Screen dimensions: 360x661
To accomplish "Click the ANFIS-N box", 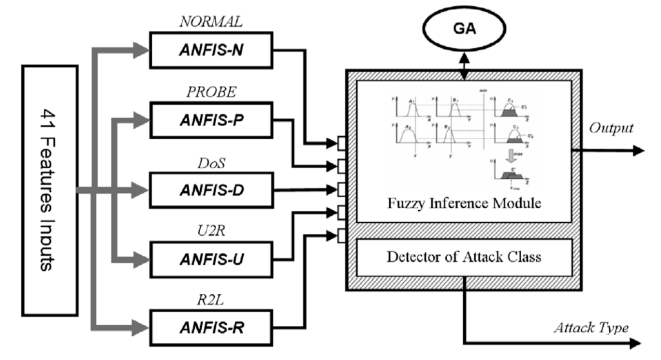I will [x=212, y=50].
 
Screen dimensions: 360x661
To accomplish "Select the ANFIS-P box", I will [x=212, y=120].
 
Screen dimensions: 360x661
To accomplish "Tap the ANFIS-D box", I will [x=212, y=190].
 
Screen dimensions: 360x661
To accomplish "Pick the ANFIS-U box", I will [x=212, y=259].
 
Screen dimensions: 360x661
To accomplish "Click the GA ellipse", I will [x=464, y=29].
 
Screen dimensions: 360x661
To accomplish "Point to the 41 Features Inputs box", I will [x=50, y=190].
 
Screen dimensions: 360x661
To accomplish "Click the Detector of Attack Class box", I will [x=464, y=257].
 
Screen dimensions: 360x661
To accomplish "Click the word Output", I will [x=611, y=128].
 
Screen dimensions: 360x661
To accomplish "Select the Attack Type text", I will [x=591, y=329].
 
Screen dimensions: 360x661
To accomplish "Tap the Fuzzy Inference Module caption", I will [x=464, y=203].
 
